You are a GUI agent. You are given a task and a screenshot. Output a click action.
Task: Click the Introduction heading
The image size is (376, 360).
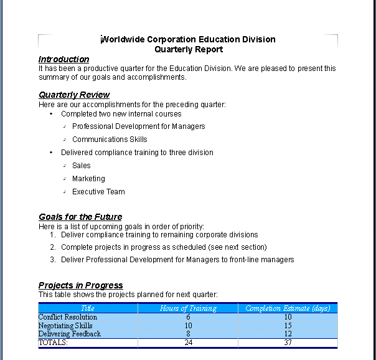[63, 59]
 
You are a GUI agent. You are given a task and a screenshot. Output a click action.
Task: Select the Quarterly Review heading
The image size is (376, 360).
[74, 95]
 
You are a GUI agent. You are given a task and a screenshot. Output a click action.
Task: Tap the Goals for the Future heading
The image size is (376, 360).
[80, 217]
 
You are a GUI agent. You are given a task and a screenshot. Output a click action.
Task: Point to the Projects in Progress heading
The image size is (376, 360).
[80, 285]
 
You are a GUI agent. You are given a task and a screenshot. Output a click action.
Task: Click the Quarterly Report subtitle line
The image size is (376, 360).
[188, 49]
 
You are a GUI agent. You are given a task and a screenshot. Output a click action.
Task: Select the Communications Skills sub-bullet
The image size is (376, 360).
[110, 140]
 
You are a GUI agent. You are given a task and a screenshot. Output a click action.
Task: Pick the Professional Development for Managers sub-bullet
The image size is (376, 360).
[138, 126]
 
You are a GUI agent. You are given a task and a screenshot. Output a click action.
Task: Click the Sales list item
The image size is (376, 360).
[81, 166]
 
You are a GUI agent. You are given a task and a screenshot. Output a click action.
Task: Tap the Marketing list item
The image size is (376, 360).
[88, 179]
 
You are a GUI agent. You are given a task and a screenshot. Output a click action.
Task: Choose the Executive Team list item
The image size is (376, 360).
[98, 192]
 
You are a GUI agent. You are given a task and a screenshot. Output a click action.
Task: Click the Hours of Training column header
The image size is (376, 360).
[188, 308]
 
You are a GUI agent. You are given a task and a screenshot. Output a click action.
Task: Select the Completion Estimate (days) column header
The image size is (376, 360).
[288, 308]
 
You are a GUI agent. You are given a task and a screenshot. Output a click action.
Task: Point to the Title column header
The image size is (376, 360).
[88, 308]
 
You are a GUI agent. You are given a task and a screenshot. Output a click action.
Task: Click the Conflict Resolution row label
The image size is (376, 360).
[68, 317]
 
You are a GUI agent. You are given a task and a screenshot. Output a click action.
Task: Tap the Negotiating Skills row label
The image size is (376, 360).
[65, 326]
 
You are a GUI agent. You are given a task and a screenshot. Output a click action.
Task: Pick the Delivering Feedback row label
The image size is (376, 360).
[69, 334]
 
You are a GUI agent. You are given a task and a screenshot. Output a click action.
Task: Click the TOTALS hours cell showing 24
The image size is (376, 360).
[188, 343]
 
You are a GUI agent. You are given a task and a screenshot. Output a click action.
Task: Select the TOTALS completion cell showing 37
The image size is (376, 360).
[288, 343]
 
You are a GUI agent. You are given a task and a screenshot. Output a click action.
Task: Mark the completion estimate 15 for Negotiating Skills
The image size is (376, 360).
[288, 326]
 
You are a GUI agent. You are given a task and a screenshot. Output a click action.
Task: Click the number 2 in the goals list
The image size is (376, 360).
[53, 247]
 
